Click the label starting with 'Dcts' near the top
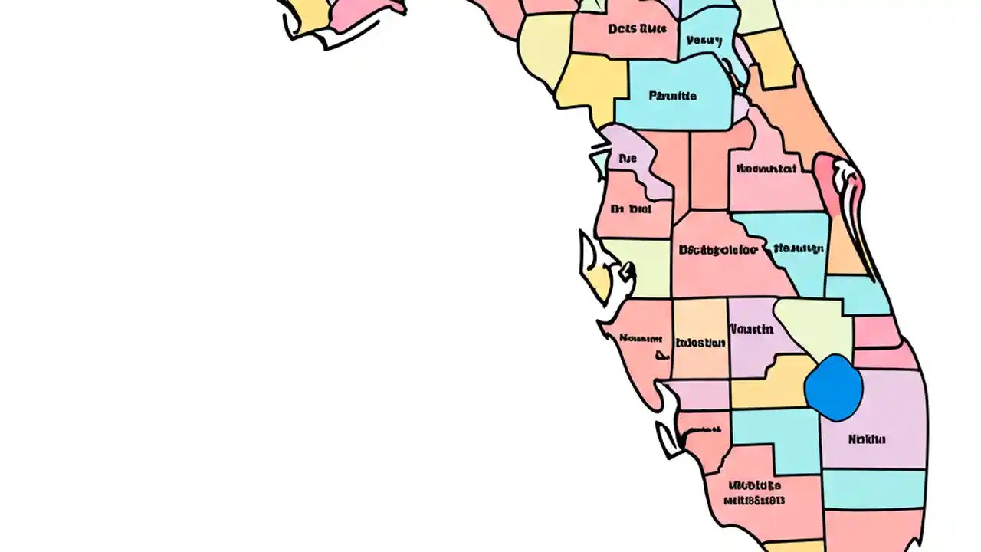coord(637,29)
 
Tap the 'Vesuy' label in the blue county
coord(704,41)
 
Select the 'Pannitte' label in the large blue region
coord(672,96)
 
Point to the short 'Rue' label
coord(627,159)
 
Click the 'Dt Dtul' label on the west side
coord(631,209)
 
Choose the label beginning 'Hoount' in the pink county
coord(766,169)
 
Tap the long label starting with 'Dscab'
coord(717,250)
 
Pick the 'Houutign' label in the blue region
coord(799,248)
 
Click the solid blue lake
coord(834,387)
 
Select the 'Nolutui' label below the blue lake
coord(867,439)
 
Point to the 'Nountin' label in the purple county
coord(751,329)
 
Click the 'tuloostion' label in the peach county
coord(700,343)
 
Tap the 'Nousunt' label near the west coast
coord(641,338)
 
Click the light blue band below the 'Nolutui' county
coord(873,488)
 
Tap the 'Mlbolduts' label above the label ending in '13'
coord(754,485)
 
